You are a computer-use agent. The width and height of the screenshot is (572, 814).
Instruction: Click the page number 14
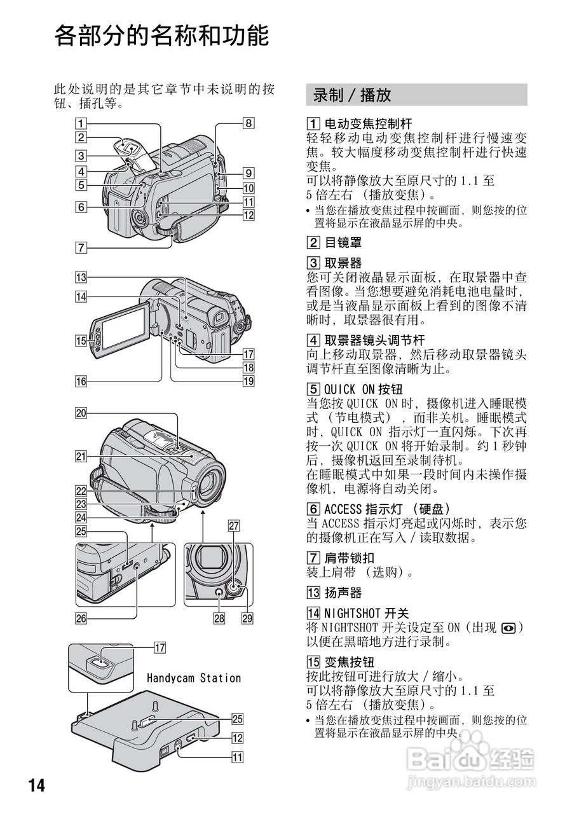pos(36,785)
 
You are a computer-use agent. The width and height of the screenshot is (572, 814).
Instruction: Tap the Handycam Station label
pos(194,678)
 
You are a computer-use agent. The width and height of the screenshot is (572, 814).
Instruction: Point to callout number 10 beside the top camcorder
pos(247,188)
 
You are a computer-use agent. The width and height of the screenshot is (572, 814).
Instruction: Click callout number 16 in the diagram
pos(80,382)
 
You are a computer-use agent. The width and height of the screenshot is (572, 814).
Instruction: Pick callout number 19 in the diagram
pos(247,382)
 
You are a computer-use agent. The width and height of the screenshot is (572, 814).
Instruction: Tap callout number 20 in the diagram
pos(80,413)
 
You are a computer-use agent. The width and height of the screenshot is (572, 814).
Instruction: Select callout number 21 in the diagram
pos(80,456)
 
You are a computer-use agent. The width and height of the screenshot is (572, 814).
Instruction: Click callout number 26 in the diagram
pos(80,617)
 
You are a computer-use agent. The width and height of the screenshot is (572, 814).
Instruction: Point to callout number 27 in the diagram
pos(233,525)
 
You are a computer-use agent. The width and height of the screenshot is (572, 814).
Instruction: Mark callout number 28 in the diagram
pos(219,617)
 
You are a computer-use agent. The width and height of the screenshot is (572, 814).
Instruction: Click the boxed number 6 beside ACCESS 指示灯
pos(313,509)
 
